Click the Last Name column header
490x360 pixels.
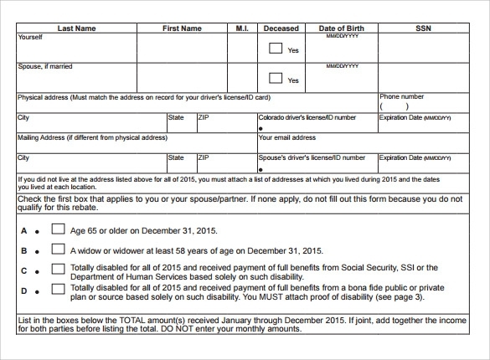pos(75,28)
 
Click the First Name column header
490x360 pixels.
pos(182,28)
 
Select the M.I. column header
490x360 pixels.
pos(241,28)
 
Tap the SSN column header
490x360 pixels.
pos(423,28)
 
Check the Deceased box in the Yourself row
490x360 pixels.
pos(275,49)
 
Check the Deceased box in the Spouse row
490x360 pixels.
pos(275,79)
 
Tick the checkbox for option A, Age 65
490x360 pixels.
pos(59,229)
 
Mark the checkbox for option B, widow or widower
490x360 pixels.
pos(59,249)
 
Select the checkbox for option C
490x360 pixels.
pos(59,269)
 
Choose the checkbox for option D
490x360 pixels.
pos(59,289)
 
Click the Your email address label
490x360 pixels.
pos(287,137)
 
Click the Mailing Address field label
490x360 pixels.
pos(92,137)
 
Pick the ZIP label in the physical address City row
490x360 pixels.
pos(204,118)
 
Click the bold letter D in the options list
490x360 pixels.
pos(24,291)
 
